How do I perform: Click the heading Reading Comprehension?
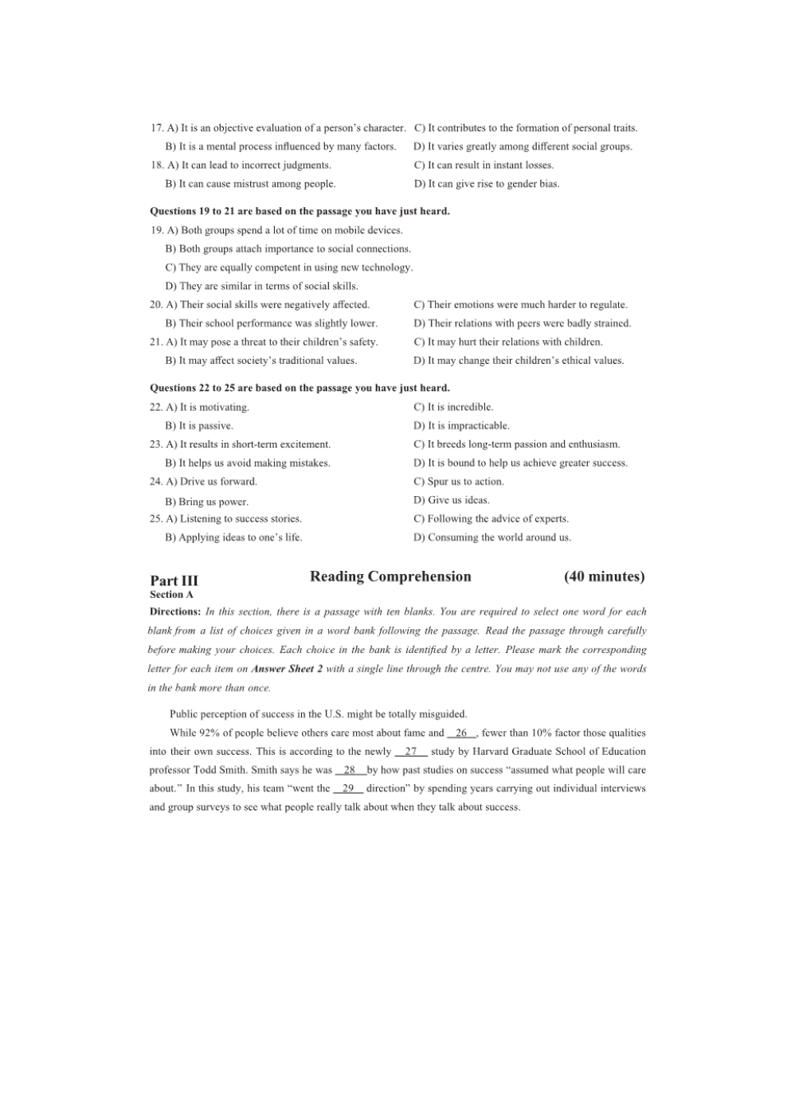pyautogui.click(x=390, y=577)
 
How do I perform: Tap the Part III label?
pyautogui.click(x=174, y=580)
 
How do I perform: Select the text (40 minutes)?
pyautogui.click(x=604, y=577)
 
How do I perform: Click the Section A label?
pyautogui.click(x=171, y=595)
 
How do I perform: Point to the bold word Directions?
pyautogui.click(x=175, y=612)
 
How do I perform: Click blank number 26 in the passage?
pyautogui.click(x=461, y=733)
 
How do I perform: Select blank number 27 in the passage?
pyautogui.click(x=411, y=752)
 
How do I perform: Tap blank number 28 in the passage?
pyautogui.click(x=350, y=771)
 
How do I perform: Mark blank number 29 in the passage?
pyautogui.click(x=348, y=789)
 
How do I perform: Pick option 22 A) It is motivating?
pyautogui.click(x=207, y=408)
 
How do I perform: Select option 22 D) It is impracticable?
pyautogui.click(x=461, y=426)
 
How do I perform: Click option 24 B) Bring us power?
pyautogui.click(x=206, y=502)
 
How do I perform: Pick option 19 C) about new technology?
pyautogui.click(x=288, y=268)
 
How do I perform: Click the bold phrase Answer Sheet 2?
pyautogui.click(x=287, y=670)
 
